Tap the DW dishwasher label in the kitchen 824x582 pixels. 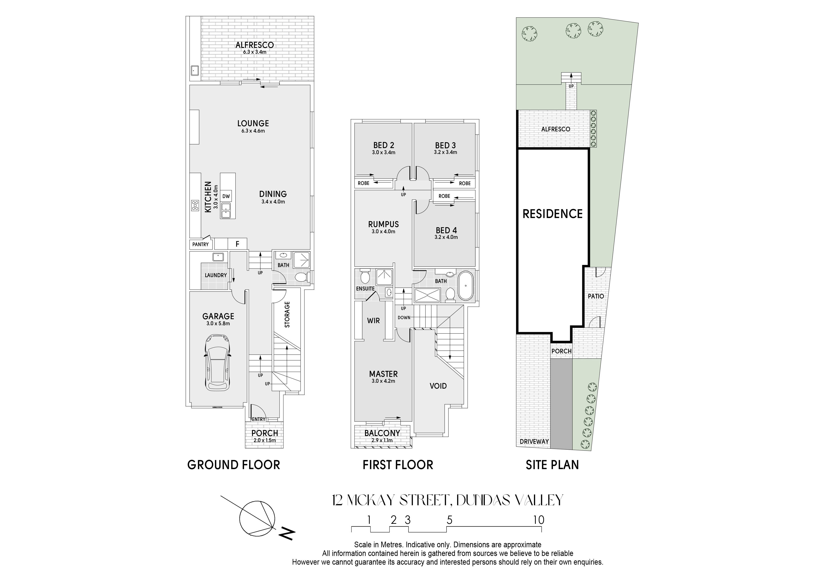(226, 196)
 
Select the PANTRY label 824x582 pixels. (201, 245)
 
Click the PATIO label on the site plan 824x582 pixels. (596, 296)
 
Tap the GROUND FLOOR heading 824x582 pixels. (234, 465)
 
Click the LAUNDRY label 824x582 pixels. (216, 276)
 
